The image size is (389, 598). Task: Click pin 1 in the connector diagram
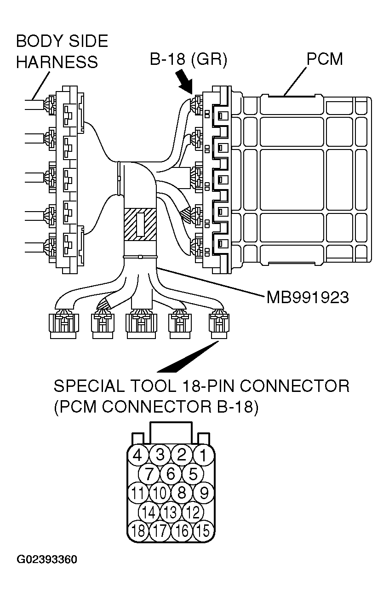(203, 455)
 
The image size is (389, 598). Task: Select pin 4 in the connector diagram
(137, 455)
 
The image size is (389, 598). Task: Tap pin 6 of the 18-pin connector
(171, 474)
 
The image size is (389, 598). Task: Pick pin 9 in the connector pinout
(203, 493)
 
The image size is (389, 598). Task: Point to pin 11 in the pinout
(137, 493)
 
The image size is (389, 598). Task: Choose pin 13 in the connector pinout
(171, 512)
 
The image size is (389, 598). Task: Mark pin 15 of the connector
(203, 531)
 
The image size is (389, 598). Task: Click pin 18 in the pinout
(137, 531)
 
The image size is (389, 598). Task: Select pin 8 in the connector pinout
(182, 493)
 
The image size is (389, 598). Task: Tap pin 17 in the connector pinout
(160, 531)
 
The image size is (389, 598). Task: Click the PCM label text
(324, 59)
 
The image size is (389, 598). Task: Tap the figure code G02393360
(47, 560)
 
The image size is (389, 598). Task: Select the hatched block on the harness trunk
(140, 223)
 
